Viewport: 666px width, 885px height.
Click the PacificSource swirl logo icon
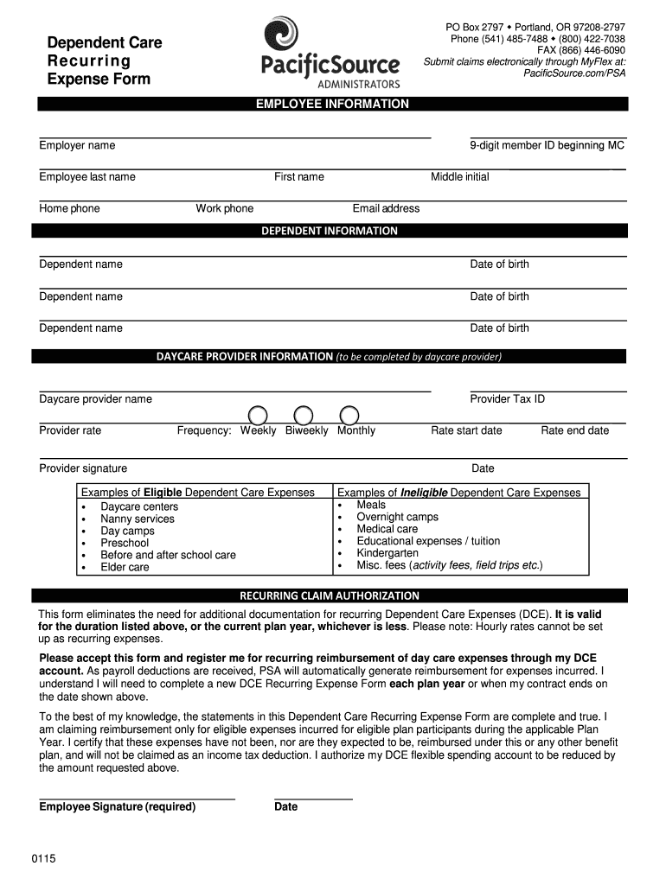[x=282, y=35]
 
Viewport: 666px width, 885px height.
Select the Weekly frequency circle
[x=259, y=415]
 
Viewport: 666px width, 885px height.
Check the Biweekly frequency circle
[x=304, y=415]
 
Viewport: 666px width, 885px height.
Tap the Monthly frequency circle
[x=349, y=415]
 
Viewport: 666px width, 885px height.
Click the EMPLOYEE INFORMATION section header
[x=332, y=104]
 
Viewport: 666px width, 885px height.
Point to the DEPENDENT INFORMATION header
[x=330, y=231]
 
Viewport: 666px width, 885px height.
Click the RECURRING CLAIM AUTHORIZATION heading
[x=330, y=595]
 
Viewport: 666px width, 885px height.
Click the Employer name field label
[x=77, y=145]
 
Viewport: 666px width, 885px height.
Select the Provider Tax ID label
[x=508, y=398]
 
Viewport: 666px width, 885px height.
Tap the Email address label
[x=386, y=208]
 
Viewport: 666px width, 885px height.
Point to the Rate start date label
[x=466, y=430]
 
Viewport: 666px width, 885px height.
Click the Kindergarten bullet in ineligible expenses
[x=387, y=553]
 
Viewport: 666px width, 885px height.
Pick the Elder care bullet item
[x=125, y=567]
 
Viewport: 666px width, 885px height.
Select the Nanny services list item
[x=138, y=519]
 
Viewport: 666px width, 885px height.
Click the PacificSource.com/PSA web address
[x=575, y=73]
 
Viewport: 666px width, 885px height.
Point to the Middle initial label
[x=459, y=177]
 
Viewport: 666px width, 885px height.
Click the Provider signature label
[x=83, y=468]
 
